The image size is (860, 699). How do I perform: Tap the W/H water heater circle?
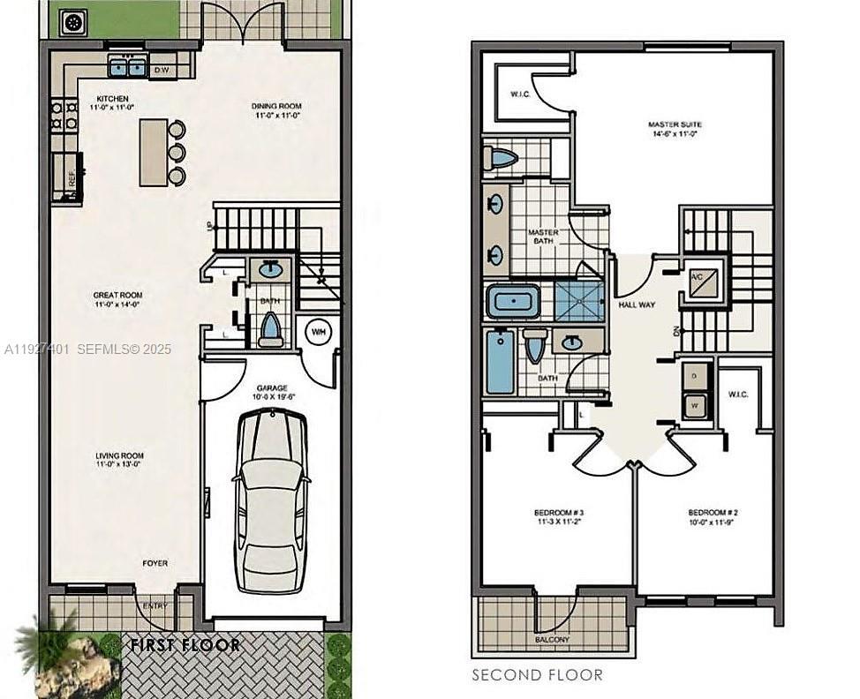click(316, 332)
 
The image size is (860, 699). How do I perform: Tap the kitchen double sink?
click(127, 66)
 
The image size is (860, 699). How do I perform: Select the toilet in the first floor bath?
click(270, 330)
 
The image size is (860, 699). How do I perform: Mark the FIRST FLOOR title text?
click(185, 645)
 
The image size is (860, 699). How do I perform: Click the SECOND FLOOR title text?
click(537, 675)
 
